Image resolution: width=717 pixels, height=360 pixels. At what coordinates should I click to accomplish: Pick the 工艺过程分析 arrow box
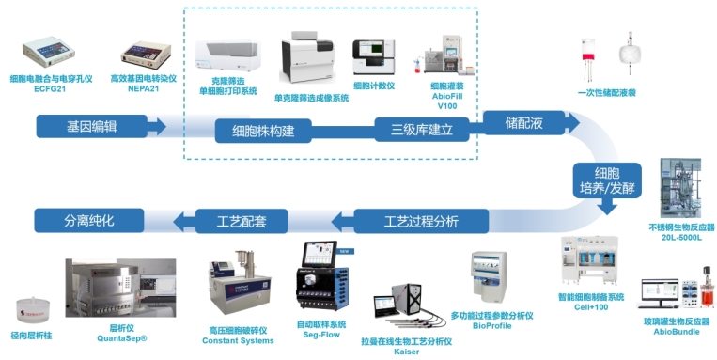pyautogui.click(x=420, y=222)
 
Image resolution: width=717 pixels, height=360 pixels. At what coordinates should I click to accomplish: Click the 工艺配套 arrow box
pyautogui.click(x=242, y=222)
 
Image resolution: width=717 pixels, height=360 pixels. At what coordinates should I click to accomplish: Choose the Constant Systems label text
pyautogui.click(x=237, y=340)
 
